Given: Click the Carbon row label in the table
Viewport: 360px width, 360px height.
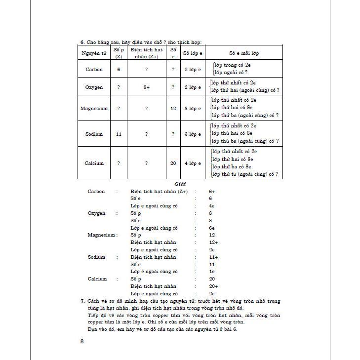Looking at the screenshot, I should pos(94,70).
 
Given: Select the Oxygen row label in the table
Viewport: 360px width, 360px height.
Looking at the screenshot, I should pos(94,87).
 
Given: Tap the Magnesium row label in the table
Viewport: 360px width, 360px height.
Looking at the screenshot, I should pos(94,108).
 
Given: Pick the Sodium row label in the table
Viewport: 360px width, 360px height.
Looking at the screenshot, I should pos(94,134).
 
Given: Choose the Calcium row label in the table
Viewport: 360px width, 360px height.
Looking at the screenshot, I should pos(94,163).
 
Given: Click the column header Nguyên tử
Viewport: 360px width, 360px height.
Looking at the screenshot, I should pos(94,53).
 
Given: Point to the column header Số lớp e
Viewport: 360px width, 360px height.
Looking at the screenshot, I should pos(192,53).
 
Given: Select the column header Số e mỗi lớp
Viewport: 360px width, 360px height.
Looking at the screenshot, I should pos(244,53).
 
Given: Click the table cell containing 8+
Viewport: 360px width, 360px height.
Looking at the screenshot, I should pos(146,87).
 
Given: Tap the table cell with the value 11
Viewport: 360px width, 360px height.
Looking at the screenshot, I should pos(119,134).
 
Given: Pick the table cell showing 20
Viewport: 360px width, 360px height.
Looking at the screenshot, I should pos(173,163).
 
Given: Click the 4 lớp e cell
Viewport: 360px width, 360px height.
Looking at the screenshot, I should pos(192,163).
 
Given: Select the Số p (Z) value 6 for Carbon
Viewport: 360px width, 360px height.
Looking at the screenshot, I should pos(119,70).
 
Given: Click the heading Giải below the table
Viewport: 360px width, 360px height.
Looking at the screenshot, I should pos(173,184).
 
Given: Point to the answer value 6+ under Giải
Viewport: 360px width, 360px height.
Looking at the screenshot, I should pos(212,191).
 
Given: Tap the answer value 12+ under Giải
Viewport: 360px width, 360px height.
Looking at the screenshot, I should pos(213,242).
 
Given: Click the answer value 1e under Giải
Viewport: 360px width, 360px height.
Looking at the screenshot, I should pos(211,272).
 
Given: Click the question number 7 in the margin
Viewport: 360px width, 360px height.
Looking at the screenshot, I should pos(82,301).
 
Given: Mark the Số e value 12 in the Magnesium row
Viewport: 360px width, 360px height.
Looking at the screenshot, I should pos(173,108).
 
